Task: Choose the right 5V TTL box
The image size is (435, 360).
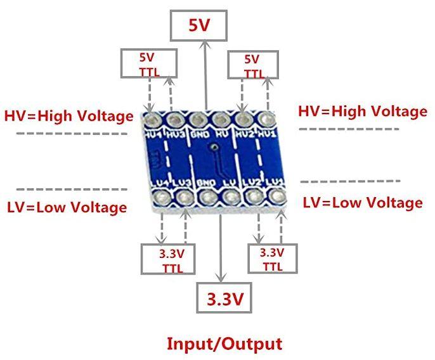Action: pos(253,65)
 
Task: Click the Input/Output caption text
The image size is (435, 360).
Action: pos(224,344)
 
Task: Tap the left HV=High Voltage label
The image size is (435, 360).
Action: pos(69,116)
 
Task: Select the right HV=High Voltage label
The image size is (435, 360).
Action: pos(362,112)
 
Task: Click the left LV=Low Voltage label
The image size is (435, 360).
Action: pos(67,207)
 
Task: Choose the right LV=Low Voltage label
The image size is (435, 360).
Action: pos(362,203)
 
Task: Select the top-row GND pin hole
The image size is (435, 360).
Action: pos(197,119)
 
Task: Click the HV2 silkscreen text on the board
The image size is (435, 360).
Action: pos(244,134)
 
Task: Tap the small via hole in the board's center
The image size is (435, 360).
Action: pos(216,146)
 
